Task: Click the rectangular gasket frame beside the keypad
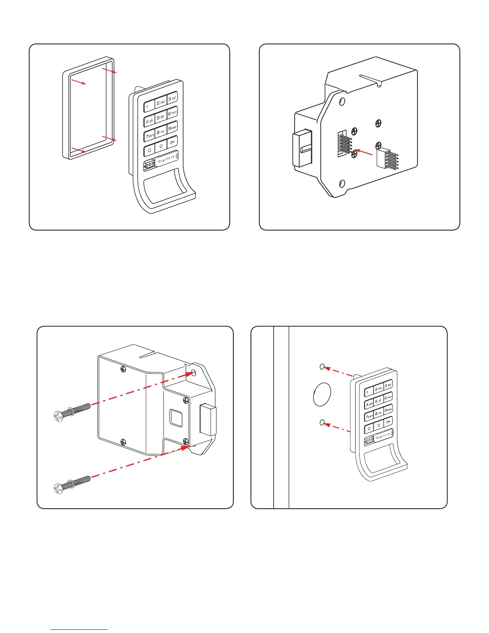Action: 65,116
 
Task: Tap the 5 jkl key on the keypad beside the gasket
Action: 160,118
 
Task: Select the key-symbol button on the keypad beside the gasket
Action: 172,142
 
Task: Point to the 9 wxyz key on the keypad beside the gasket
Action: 172,128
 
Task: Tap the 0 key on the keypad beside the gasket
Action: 161,146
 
